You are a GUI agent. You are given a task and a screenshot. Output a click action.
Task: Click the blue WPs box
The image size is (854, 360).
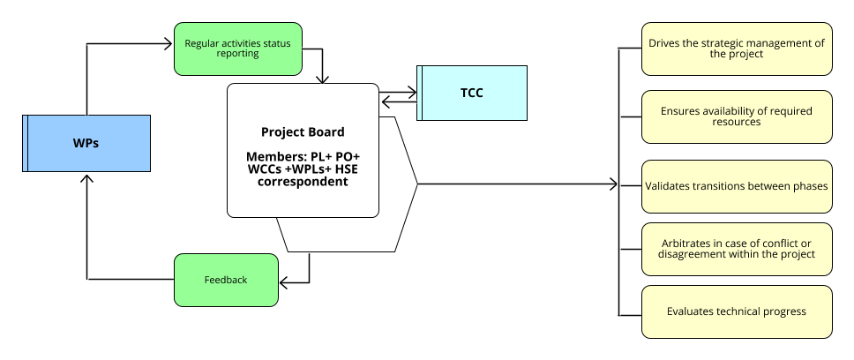(x=86, y=143)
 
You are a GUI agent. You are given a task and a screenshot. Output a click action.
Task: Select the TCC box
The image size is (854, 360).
(x=472, y=93)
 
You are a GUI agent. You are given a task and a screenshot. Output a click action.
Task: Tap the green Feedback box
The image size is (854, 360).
(x=226, y=280)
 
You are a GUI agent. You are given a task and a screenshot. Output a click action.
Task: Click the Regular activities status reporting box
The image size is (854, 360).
(x=238, y=48)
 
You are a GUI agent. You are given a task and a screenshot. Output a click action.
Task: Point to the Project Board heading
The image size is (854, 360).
(x=303, y=132)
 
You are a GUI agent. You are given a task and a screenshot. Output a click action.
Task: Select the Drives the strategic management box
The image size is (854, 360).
(x=737, y=49)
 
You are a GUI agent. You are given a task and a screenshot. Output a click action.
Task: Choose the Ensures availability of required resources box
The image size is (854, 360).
(x=737, y=116)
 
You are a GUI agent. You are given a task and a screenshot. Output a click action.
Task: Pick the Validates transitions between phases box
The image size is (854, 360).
(x=737, y=186)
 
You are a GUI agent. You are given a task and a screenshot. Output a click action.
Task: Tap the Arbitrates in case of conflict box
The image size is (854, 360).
(x=737, y=249)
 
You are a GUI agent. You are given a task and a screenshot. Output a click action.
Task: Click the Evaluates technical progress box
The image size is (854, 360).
(x=737, y=311)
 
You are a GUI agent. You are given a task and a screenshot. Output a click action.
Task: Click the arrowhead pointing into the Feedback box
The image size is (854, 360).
(x=284, y=281)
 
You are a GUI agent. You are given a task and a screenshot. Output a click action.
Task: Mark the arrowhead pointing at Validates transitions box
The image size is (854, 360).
(x=614, y=184)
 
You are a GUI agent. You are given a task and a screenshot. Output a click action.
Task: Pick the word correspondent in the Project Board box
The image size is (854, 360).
(x=302, y=182)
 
